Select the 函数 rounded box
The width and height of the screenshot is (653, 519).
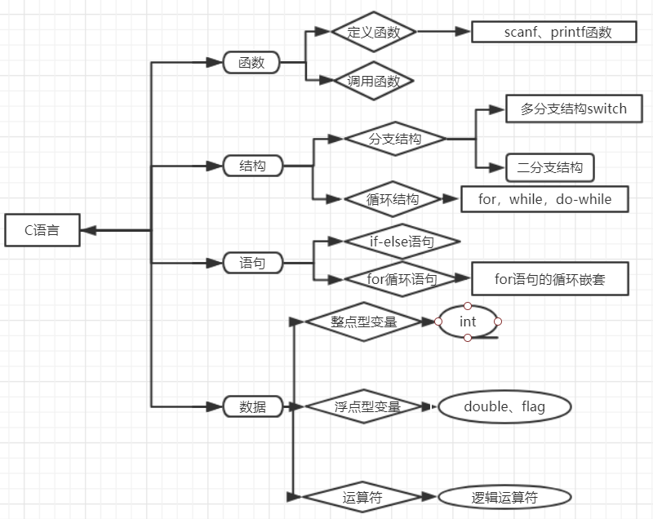click(252, 62)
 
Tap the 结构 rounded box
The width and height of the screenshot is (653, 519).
click(252, 166)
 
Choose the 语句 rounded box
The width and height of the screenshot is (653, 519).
click(252, 263)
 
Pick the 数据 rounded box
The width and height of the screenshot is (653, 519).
click(252, 406)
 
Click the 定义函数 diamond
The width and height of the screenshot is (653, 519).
click(374, 32)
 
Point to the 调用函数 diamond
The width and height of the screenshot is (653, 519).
click(374, 81)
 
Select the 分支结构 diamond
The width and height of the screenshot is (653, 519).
click(395, 139)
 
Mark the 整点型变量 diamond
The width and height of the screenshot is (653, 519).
click(363, 322)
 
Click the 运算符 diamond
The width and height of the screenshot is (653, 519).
click(362, 496)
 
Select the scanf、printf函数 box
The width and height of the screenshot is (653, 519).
click(553, 32)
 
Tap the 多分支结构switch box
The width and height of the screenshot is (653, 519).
click(574, 109)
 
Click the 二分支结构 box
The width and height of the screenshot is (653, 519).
click(550, 167)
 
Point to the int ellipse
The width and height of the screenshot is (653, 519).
click(468, 322)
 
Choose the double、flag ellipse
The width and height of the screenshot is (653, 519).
click(504, 406)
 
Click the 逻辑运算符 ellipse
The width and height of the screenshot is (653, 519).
click(504, 496)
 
